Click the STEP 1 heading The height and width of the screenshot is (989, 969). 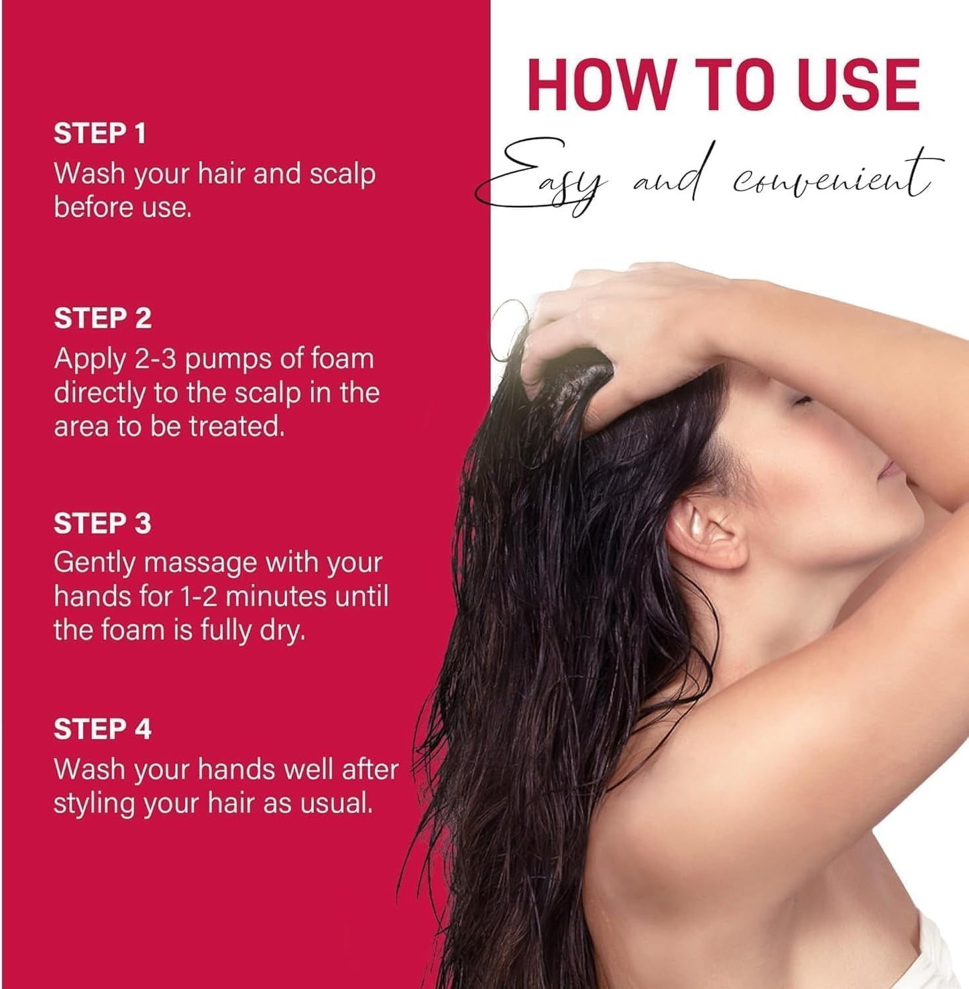coord(99,133)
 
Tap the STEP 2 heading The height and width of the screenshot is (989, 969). coord(103,318)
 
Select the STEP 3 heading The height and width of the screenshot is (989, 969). coord(103,524)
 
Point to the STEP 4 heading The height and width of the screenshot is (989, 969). coord(103,729)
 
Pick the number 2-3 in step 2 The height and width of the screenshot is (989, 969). coord(155,359)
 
